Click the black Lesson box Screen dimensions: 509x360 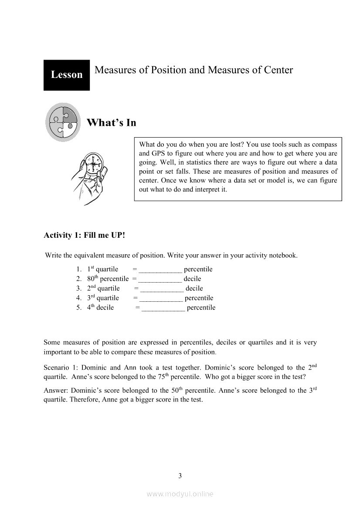click(x=66, y=75)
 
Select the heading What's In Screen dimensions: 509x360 click(x=112, y=123)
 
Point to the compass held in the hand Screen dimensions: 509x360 click(x=93, y=164)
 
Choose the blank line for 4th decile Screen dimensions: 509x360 click(x=163, y=308)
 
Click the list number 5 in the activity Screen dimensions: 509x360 click(x=78, y=308)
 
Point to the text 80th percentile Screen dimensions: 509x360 click(x=108, y=279)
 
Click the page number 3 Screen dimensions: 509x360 click(x=180, y=475)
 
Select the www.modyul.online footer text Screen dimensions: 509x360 click(x=180, y=494)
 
